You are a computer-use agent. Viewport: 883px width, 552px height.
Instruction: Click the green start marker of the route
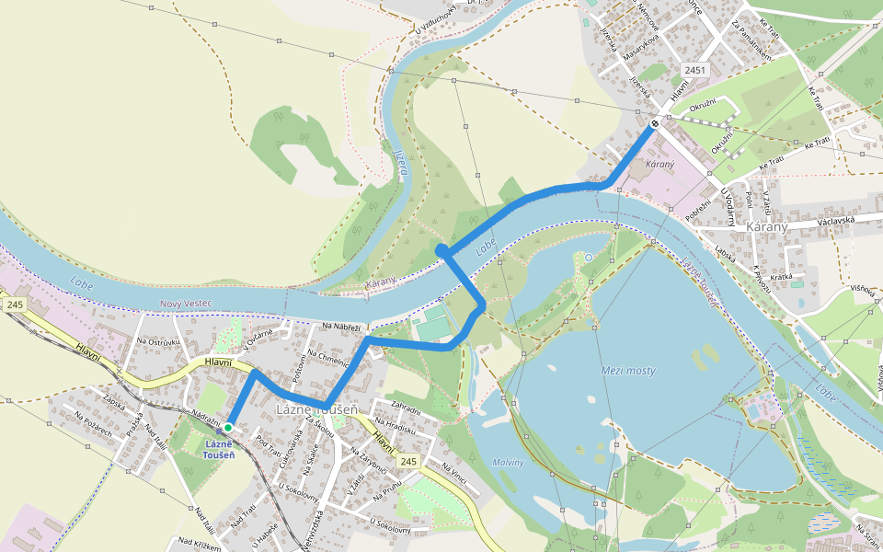point(227,428)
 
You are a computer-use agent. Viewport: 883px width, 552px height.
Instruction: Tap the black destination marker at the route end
point(655,123)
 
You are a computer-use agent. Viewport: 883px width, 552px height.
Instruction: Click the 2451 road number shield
point(694,70)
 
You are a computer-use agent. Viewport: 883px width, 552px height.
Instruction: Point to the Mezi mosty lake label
point(628,370)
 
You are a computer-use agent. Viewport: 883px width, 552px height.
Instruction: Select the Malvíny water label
point(508,463)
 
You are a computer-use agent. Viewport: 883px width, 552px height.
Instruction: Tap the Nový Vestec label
point(186,304)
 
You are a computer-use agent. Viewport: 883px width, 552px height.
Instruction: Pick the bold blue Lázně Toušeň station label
point(219,449)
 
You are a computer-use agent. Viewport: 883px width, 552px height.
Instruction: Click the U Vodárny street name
point(728,206)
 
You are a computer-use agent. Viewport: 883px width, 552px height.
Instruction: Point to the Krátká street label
point(782,276)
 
